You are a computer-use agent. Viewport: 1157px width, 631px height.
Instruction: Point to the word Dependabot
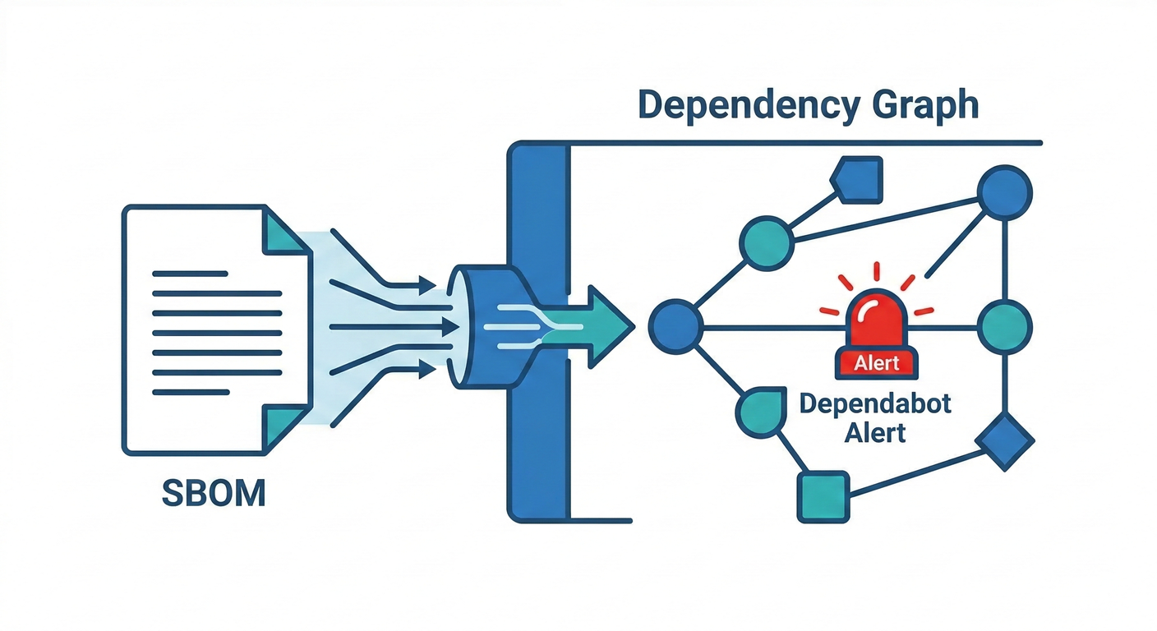876,405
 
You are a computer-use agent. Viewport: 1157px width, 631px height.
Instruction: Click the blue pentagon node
858,178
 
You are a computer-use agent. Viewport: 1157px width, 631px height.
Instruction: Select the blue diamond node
1005,442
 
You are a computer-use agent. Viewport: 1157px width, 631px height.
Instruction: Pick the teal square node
823,496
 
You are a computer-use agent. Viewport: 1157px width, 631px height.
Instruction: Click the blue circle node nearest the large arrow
676,327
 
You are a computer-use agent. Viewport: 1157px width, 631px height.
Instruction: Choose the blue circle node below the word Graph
1004,193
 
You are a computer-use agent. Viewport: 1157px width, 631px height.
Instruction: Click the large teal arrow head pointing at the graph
612,327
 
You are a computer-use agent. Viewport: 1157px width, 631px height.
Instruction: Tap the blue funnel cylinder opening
459,327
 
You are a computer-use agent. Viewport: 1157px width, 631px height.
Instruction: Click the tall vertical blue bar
538,329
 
